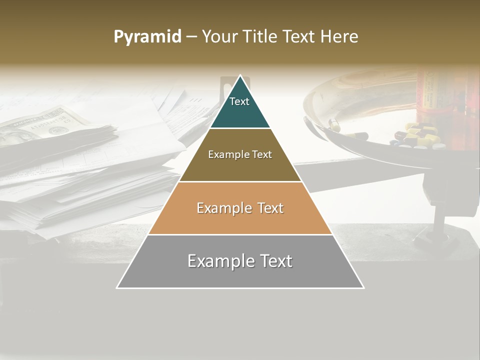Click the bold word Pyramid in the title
(x=147, y=36)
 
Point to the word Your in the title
(x=219, y=36)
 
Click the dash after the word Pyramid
(x=191, y=37)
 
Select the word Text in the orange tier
(x=269, y=208)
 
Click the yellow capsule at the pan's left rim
(x=334, y=125)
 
